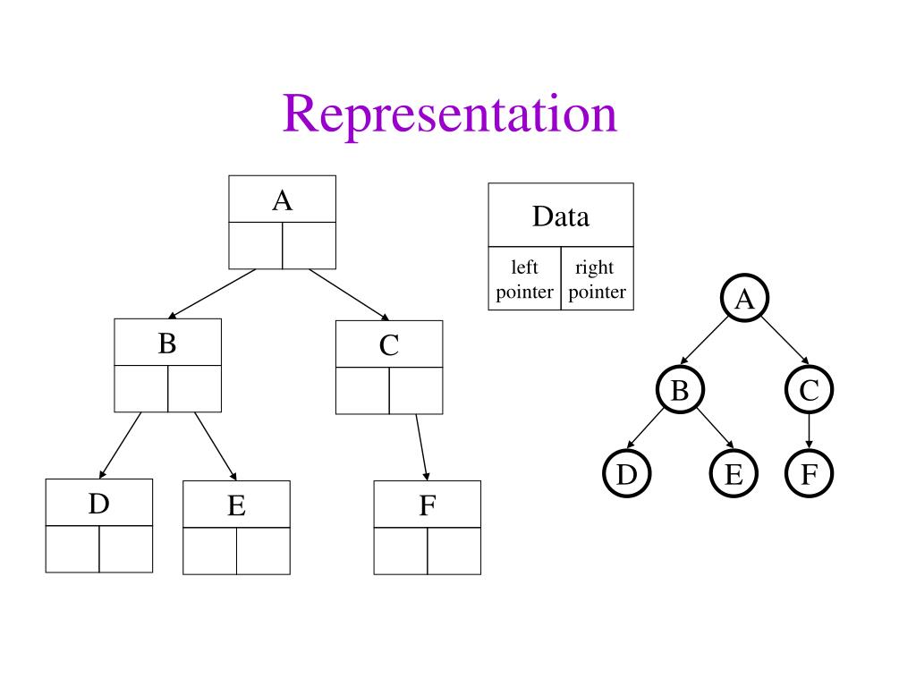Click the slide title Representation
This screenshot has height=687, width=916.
[450, 114]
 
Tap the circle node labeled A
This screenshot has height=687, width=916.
[744, 300]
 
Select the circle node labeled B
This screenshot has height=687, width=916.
[680, 390]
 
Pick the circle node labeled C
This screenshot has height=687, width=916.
[810, 390]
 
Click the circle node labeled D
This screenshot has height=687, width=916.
[626, 474]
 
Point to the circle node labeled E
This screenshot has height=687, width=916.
[734, 474]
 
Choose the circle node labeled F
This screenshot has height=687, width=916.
[810, 474]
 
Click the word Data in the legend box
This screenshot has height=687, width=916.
[561, 216]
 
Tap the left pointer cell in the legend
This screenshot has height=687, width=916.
[525, 279]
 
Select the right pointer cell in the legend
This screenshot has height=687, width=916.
[597, 279]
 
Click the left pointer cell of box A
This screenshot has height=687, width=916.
[256, 245]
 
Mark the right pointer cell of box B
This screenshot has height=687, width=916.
[194, 388]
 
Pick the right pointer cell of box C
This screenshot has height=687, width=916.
[416, 390]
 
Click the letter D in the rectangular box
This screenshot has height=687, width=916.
[98, 505]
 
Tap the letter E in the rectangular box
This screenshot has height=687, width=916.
[236, 506]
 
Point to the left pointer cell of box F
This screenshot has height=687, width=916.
[401, 550]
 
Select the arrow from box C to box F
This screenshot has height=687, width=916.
[422, 447]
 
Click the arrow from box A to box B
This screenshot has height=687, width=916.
[212, 293]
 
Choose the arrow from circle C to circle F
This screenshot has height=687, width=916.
[810, 431]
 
